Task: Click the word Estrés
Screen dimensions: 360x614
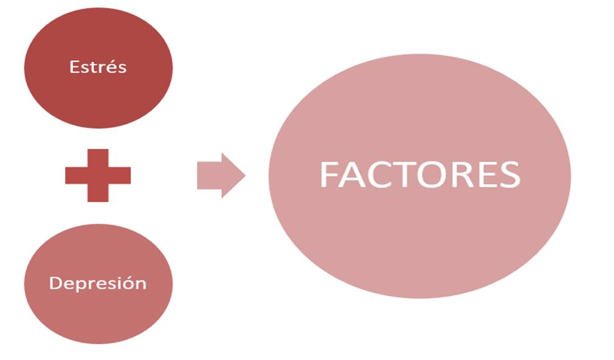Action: [98, 66]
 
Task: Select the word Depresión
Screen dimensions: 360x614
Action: [98, 283]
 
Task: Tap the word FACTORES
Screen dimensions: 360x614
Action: [419, 175]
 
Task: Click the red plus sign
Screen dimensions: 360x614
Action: [98, 175]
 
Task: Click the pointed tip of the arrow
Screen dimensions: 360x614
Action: [244, 175]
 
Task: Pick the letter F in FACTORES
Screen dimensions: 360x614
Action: [328, 175]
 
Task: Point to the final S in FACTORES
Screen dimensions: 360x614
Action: [508, 175]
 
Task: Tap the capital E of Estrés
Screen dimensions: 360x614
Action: [74, 66]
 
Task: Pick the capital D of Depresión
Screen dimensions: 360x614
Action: [55, 283]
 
